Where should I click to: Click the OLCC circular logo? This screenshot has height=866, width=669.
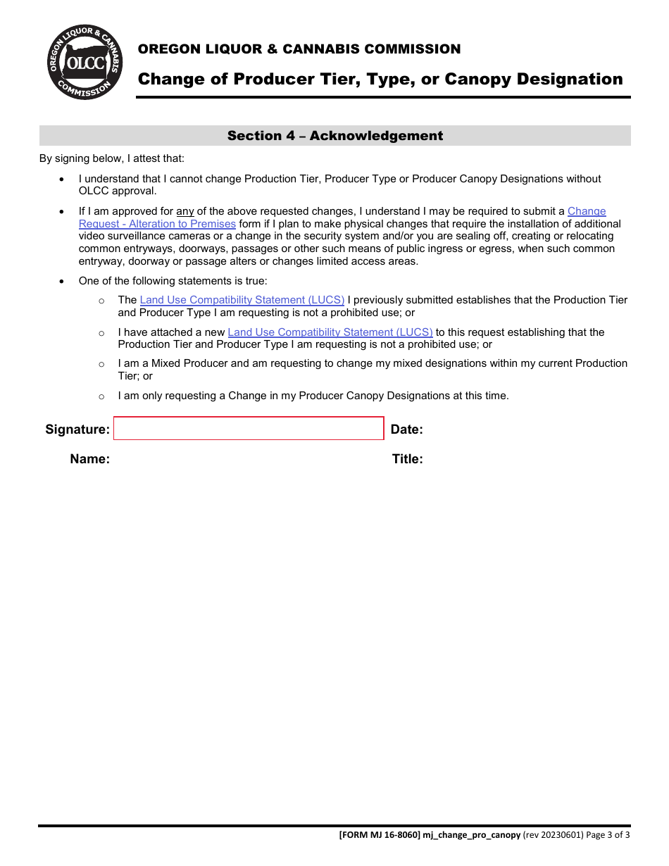point(85,63)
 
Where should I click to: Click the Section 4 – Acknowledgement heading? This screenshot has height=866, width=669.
point(335,136)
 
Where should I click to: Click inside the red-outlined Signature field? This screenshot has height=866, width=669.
point(249,429)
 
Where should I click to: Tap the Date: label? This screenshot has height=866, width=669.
point(406,429)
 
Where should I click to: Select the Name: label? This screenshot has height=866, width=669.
point(89,460)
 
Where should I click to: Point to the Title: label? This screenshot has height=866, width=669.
point(407,460)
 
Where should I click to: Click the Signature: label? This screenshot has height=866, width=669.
point(77,429)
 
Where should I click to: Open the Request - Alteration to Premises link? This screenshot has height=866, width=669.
point(157,224)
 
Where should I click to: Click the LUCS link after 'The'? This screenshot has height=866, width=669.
point(242,300)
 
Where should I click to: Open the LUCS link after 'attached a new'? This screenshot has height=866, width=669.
point(330,332)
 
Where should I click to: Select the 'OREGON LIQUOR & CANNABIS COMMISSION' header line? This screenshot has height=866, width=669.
point(299,49)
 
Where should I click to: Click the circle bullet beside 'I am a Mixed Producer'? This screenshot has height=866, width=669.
point(101,364)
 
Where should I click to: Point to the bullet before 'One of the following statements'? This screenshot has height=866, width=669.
point(63,281)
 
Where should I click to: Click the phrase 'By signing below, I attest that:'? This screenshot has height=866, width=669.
point(111,159)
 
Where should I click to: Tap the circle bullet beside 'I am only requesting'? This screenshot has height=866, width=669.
point(101,396)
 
